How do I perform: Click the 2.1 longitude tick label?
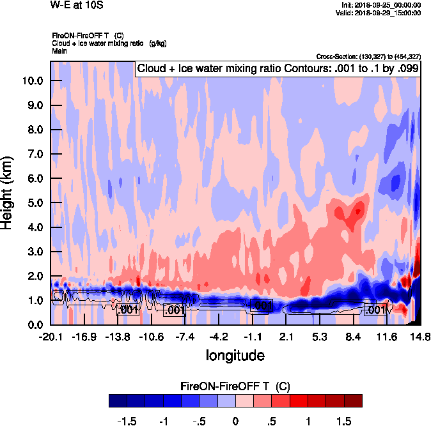pos(286,337)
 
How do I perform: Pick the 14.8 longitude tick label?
pos(420,337)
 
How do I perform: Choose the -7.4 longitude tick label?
pos(185,337)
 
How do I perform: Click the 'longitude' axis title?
pos(235,354)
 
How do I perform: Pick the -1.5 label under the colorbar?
pos(127,422)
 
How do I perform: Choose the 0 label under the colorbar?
pos(236,422)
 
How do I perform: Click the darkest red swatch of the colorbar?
pos(353,400)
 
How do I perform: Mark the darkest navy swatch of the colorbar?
pos(118,400)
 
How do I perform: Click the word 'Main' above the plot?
pos(59,50)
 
